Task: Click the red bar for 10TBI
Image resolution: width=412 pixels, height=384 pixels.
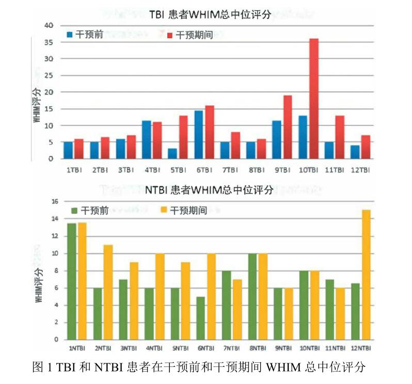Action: (313, 99)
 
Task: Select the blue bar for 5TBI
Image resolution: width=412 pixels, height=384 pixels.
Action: (172, 154)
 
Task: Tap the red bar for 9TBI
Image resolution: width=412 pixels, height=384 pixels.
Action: (288, 127)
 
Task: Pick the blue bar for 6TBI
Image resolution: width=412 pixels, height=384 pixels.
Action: (199, 135)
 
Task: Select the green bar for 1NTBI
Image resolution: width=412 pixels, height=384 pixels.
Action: (72, 281)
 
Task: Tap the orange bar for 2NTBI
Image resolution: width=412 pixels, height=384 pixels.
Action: (108, 292)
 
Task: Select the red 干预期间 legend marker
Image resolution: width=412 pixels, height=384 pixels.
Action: (170, 35)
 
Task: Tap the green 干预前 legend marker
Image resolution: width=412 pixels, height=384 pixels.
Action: (74, 211)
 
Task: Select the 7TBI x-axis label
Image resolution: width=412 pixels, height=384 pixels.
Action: (230, 169)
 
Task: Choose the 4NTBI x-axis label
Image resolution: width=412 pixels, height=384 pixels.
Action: (155, 349)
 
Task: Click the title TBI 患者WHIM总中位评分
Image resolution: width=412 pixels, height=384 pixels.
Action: (210, 15)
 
